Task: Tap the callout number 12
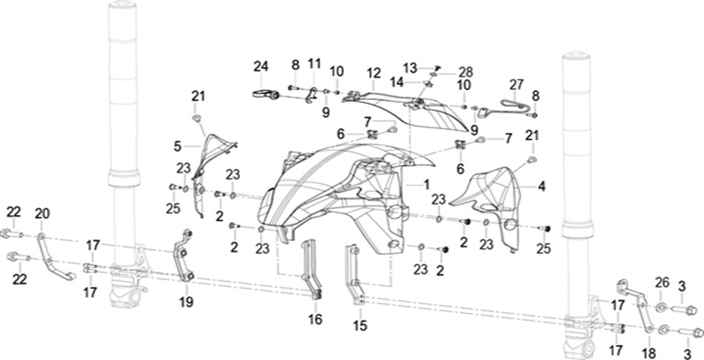[373, 73]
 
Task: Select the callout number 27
[516, 85]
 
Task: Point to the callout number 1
[426, 184]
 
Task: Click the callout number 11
[314, 64]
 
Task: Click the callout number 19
[186, 302]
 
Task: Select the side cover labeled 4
[493, 198]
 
